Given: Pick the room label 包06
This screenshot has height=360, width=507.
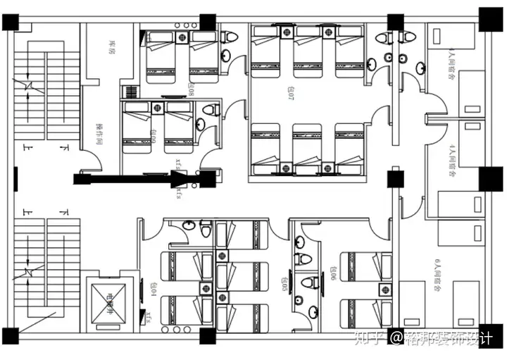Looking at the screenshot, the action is coord(331,273).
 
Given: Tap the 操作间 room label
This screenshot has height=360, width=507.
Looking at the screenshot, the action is coord(99,137).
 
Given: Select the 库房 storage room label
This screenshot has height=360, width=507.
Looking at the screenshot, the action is coord(111,46).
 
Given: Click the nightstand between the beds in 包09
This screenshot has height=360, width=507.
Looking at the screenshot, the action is coord(158,108).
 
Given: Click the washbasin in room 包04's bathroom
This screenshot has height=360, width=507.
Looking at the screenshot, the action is coord(187,226).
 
